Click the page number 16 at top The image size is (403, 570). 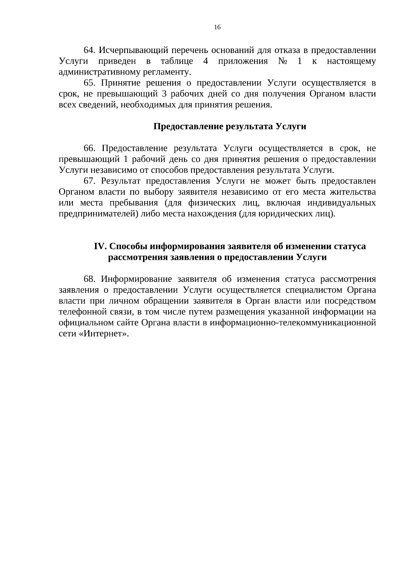point(217,28)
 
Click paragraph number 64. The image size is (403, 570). point(90,50)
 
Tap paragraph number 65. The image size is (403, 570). point(90,83)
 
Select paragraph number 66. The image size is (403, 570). point(90,148)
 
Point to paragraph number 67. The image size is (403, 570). point(90,181)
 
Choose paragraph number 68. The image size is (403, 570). point(90,279)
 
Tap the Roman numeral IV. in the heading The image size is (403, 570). point(100,246)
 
